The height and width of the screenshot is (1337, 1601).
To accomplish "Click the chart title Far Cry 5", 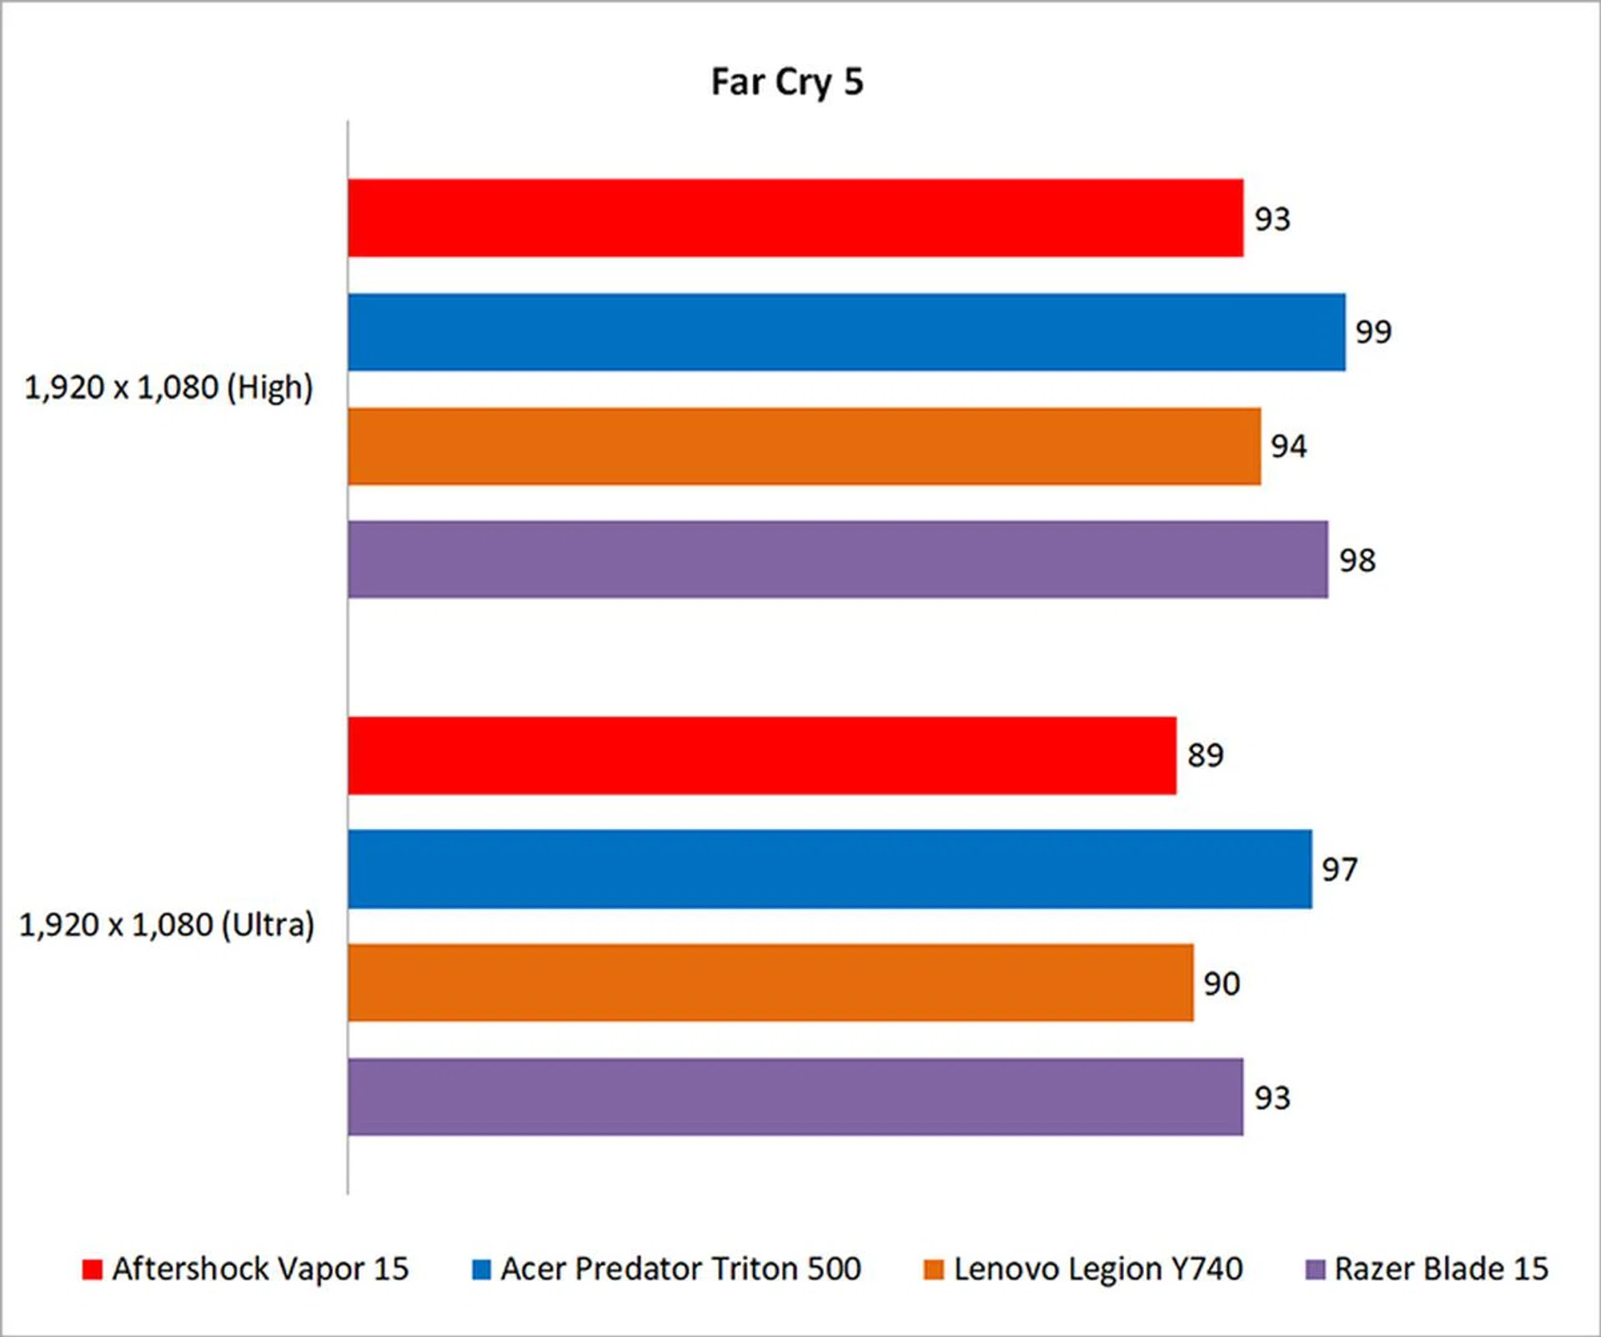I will click(x=786, y=83).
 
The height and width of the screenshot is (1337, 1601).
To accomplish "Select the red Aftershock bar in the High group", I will click(x=795, y=218).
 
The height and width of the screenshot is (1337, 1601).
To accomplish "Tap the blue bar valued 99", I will click(x=846, y=332).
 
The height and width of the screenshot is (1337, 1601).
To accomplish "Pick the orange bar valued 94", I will click(x=804, y=446).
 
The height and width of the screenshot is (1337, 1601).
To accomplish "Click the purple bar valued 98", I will click(x=837, y=560).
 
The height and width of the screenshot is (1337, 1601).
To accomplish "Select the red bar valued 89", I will click(x=761, y=756).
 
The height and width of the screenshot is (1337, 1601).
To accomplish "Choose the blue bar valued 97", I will click(x=829, y=869).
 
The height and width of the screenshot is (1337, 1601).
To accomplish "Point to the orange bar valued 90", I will click(x=770, y=983).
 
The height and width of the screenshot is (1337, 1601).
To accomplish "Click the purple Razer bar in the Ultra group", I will click(x=795, y=1097).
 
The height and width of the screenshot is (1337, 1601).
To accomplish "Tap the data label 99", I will click(x=1373, y=332).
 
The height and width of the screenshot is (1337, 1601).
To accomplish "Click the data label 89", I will click(x=1205, y=756).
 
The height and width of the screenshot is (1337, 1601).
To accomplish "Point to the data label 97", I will click(x=1339, y=870).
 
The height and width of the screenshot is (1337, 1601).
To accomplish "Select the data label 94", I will click(x=1288, y=446).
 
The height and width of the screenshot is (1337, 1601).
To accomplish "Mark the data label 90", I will click(x=1222, y=983).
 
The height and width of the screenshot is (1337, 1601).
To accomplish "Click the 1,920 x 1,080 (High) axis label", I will click(x=168, y=388).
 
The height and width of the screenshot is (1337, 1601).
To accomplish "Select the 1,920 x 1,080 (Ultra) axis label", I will click(x=167, y=925).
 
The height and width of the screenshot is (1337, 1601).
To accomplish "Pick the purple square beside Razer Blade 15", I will click(x=1314, y=1269).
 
